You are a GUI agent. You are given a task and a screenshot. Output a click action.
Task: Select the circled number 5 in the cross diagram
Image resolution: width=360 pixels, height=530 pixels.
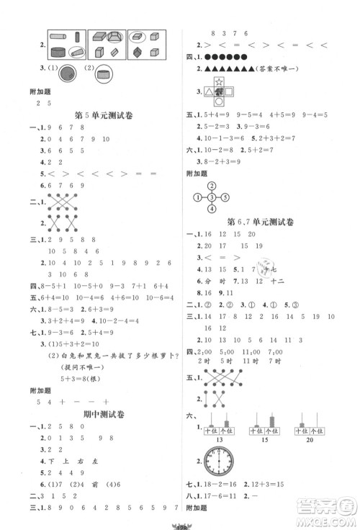[x=225, y=197]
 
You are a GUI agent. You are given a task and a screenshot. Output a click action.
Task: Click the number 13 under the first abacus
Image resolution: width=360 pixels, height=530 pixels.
[x=215, y=439]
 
